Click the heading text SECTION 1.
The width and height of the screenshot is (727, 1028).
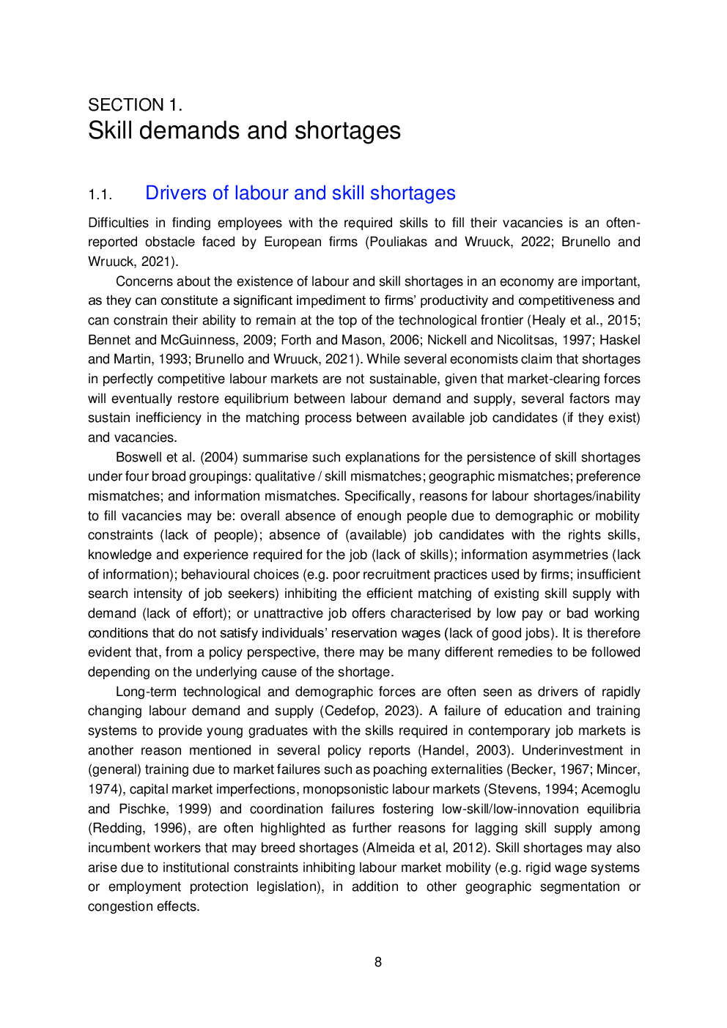pyautogui.click(x=135, y=105)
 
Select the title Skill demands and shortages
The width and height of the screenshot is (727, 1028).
pyautogui.click(x=244, y=131)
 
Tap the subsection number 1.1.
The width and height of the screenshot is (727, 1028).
pyautogui.click(x=100, y=195)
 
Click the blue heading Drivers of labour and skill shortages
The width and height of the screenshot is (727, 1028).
pyautogui.click(x=300, y=193)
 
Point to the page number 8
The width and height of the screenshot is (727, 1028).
pyautogui.click(x=378, y=962)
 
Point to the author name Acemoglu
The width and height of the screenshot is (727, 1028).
pyautogui.click(x=610, y=789)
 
